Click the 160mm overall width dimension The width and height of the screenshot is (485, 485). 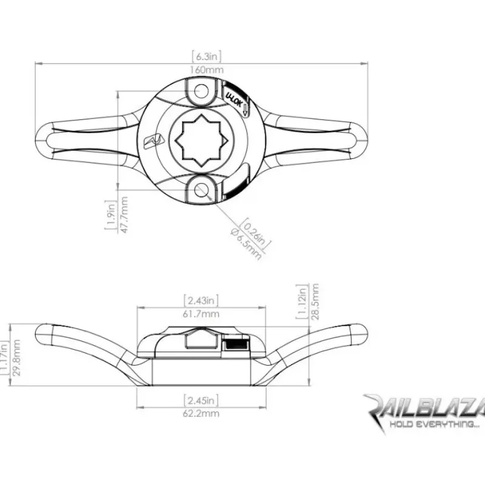click(206, 70)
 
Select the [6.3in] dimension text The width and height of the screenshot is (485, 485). click(206, 56)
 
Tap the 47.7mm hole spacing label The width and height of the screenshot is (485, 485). click(124, 215)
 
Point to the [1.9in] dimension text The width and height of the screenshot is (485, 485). click(111, 215)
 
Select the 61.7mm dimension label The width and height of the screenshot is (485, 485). click(201, 314)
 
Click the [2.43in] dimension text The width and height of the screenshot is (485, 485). click(201, 300)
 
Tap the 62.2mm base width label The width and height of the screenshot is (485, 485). click(201, 413)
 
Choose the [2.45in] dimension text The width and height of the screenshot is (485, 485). click(201, 401)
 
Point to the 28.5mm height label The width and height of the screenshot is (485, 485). click(315, 301)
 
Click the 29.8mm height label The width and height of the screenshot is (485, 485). click(16, 358)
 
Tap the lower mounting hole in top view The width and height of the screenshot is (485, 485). click(201, 190)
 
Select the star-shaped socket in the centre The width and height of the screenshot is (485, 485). click(201, 141)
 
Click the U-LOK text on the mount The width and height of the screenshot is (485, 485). click(234, 99)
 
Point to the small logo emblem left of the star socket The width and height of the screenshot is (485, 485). click(153, 141)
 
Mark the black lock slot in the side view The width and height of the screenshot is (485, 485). click(236, 344)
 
